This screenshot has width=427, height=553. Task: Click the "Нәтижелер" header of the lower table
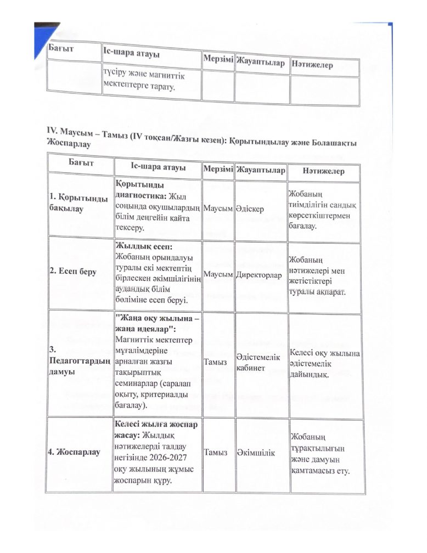click(323, 172)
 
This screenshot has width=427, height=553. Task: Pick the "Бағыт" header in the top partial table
click(61, 50)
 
